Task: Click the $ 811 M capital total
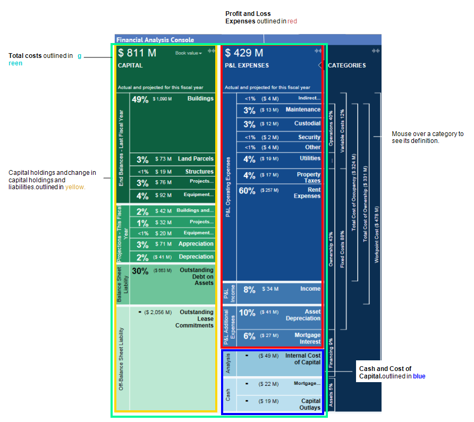(137, 53)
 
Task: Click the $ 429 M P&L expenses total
(244, 53)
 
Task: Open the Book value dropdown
(189, 53)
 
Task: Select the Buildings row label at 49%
(200, 98)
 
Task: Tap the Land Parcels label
(196, 158)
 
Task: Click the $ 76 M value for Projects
(163, 182)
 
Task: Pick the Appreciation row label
(197, 244)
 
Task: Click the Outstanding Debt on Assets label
(196, 276)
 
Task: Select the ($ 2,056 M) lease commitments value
(158, 312)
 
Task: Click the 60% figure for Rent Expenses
(247, 191)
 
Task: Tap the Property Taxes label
(309, 178)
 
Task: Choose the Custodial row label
(308, 123)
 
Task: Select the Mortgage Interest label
(308, 339)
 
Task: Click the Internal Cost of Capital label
(303, 359)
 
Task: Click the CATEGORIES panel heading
(347, 65)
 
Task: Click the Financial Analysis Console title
(155, 39)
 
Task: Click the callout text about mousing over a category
(428, 137)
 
